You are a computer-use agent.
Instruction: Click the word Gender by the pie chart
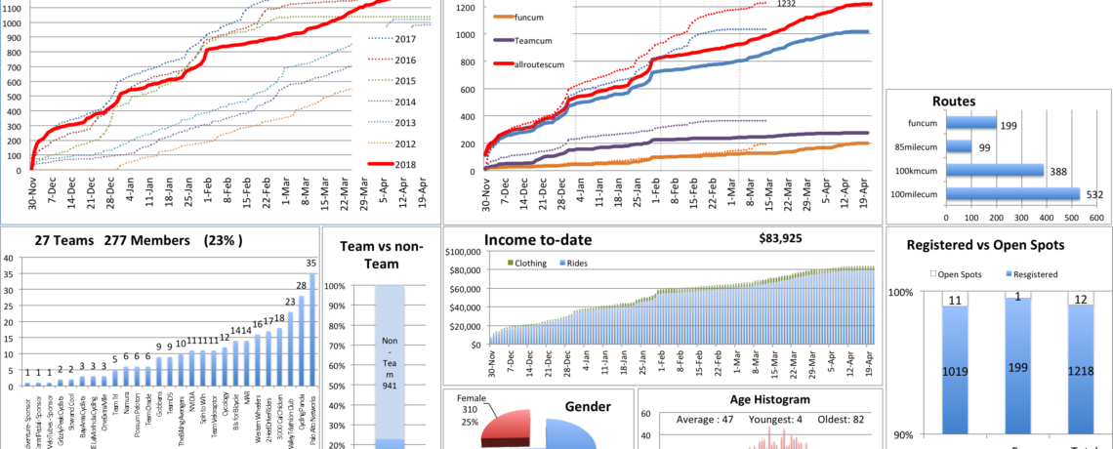[590, 406]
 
